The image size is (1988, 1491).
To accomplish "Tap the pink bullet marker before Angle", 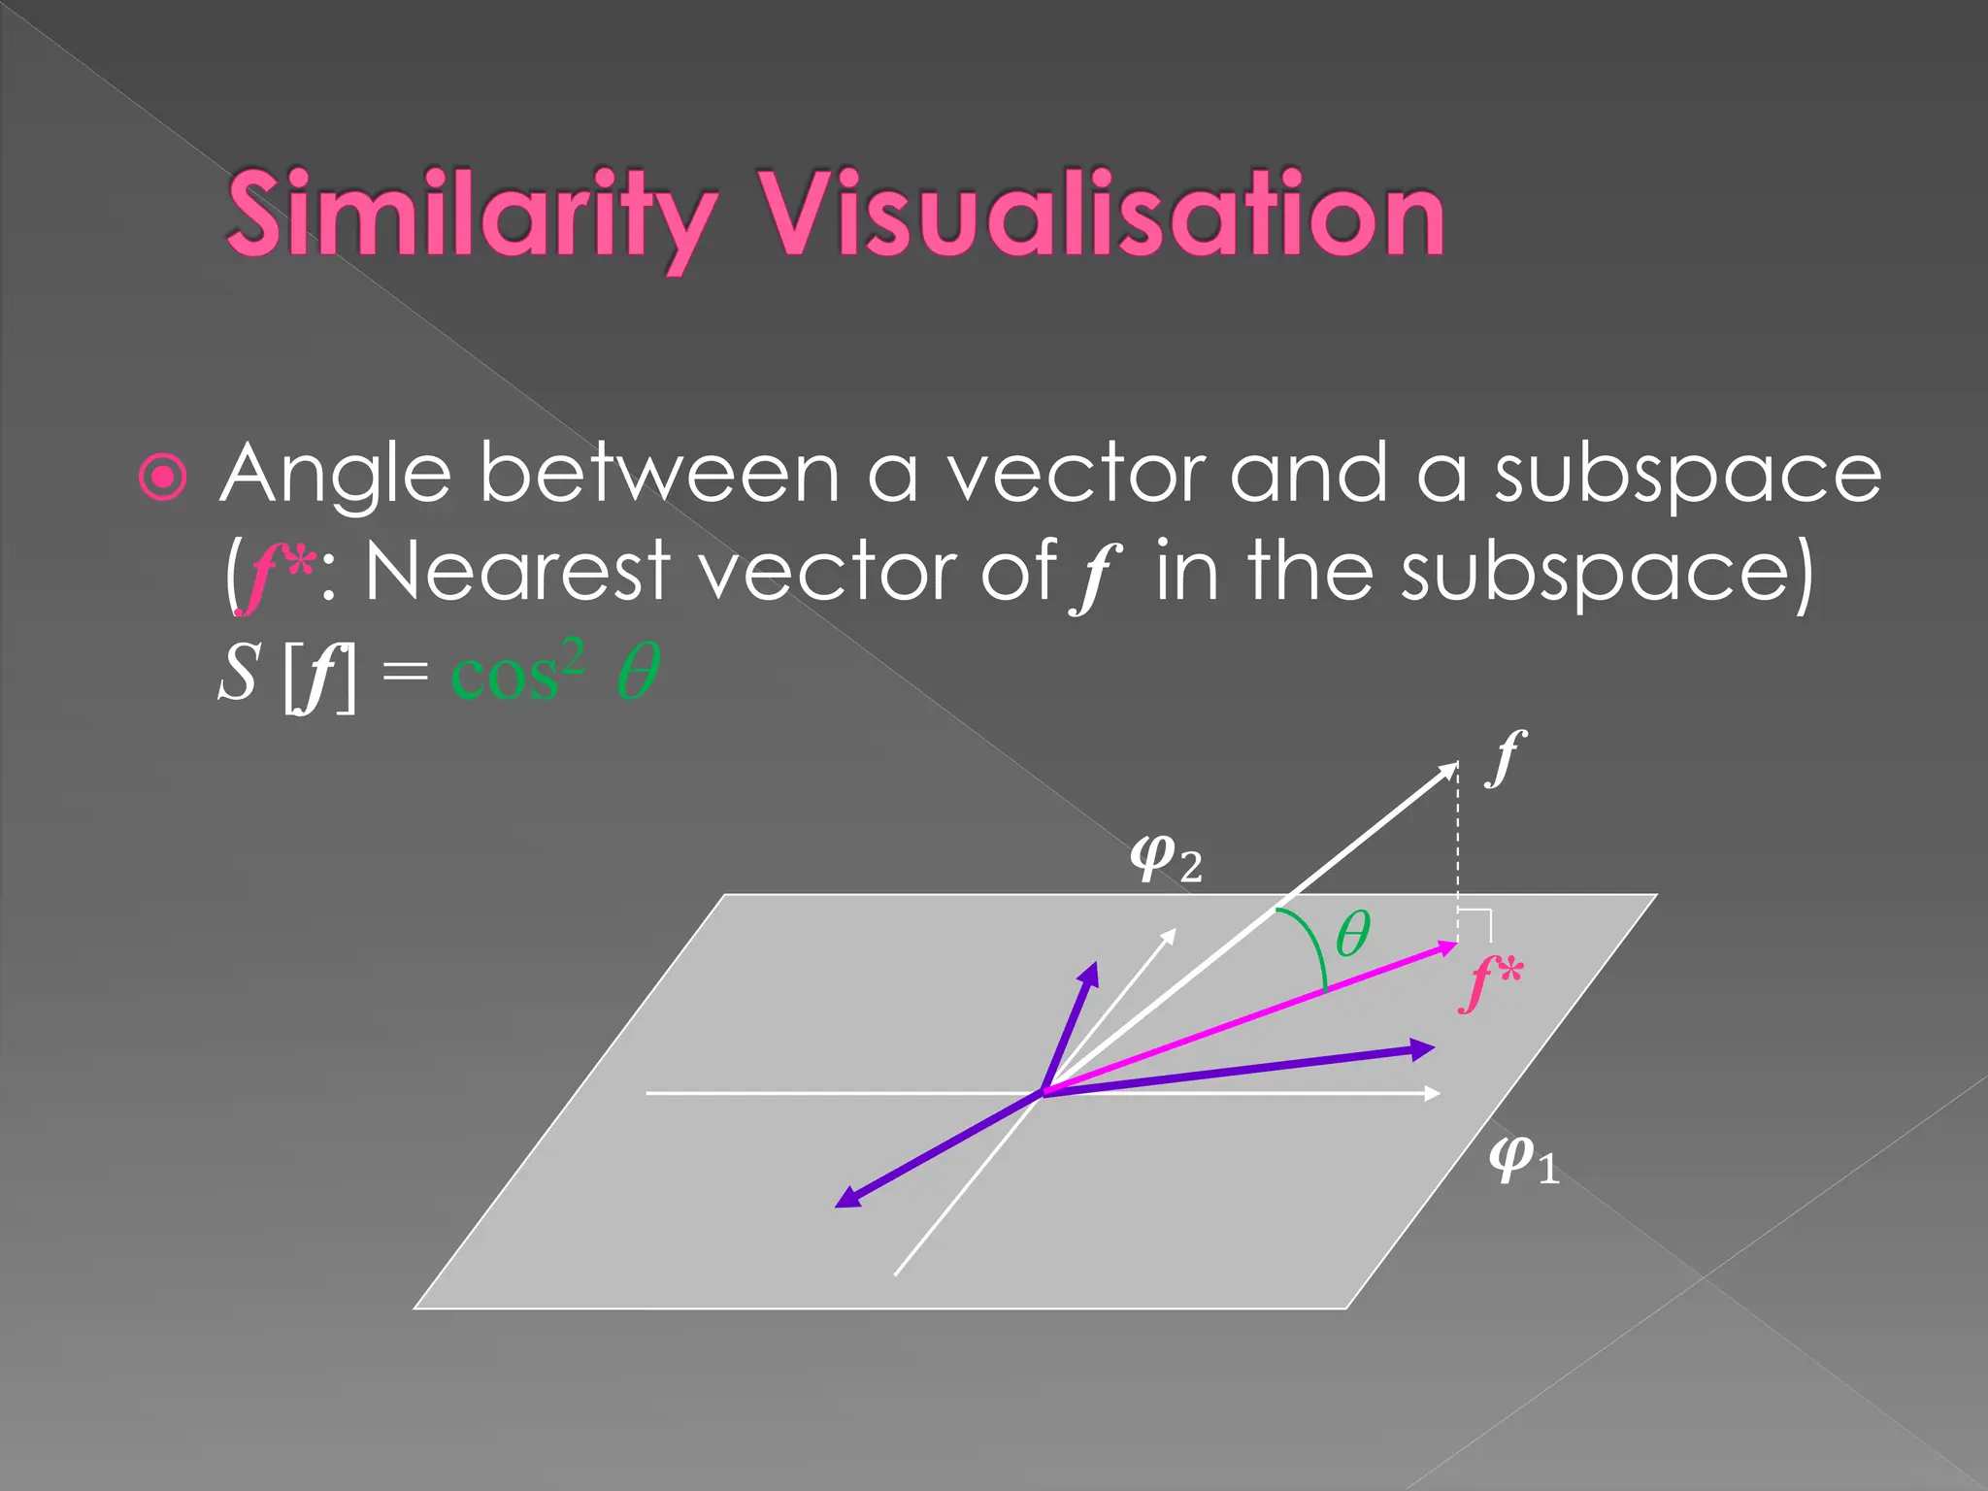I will [x=162, y=477].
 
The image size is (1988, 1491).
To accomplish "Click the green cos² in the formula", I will [x=518, y=672].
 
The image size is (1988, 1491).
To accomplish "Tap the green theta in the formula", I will [x=638, y=672].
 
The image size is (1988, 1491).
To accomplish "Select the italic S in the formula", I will [x=238, y=672].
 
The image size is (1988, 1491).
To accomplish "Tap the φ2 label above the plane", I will [x=1166, y=859].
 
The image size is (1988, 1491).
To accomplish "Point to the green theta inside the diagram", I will [x=1352, y=934].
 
